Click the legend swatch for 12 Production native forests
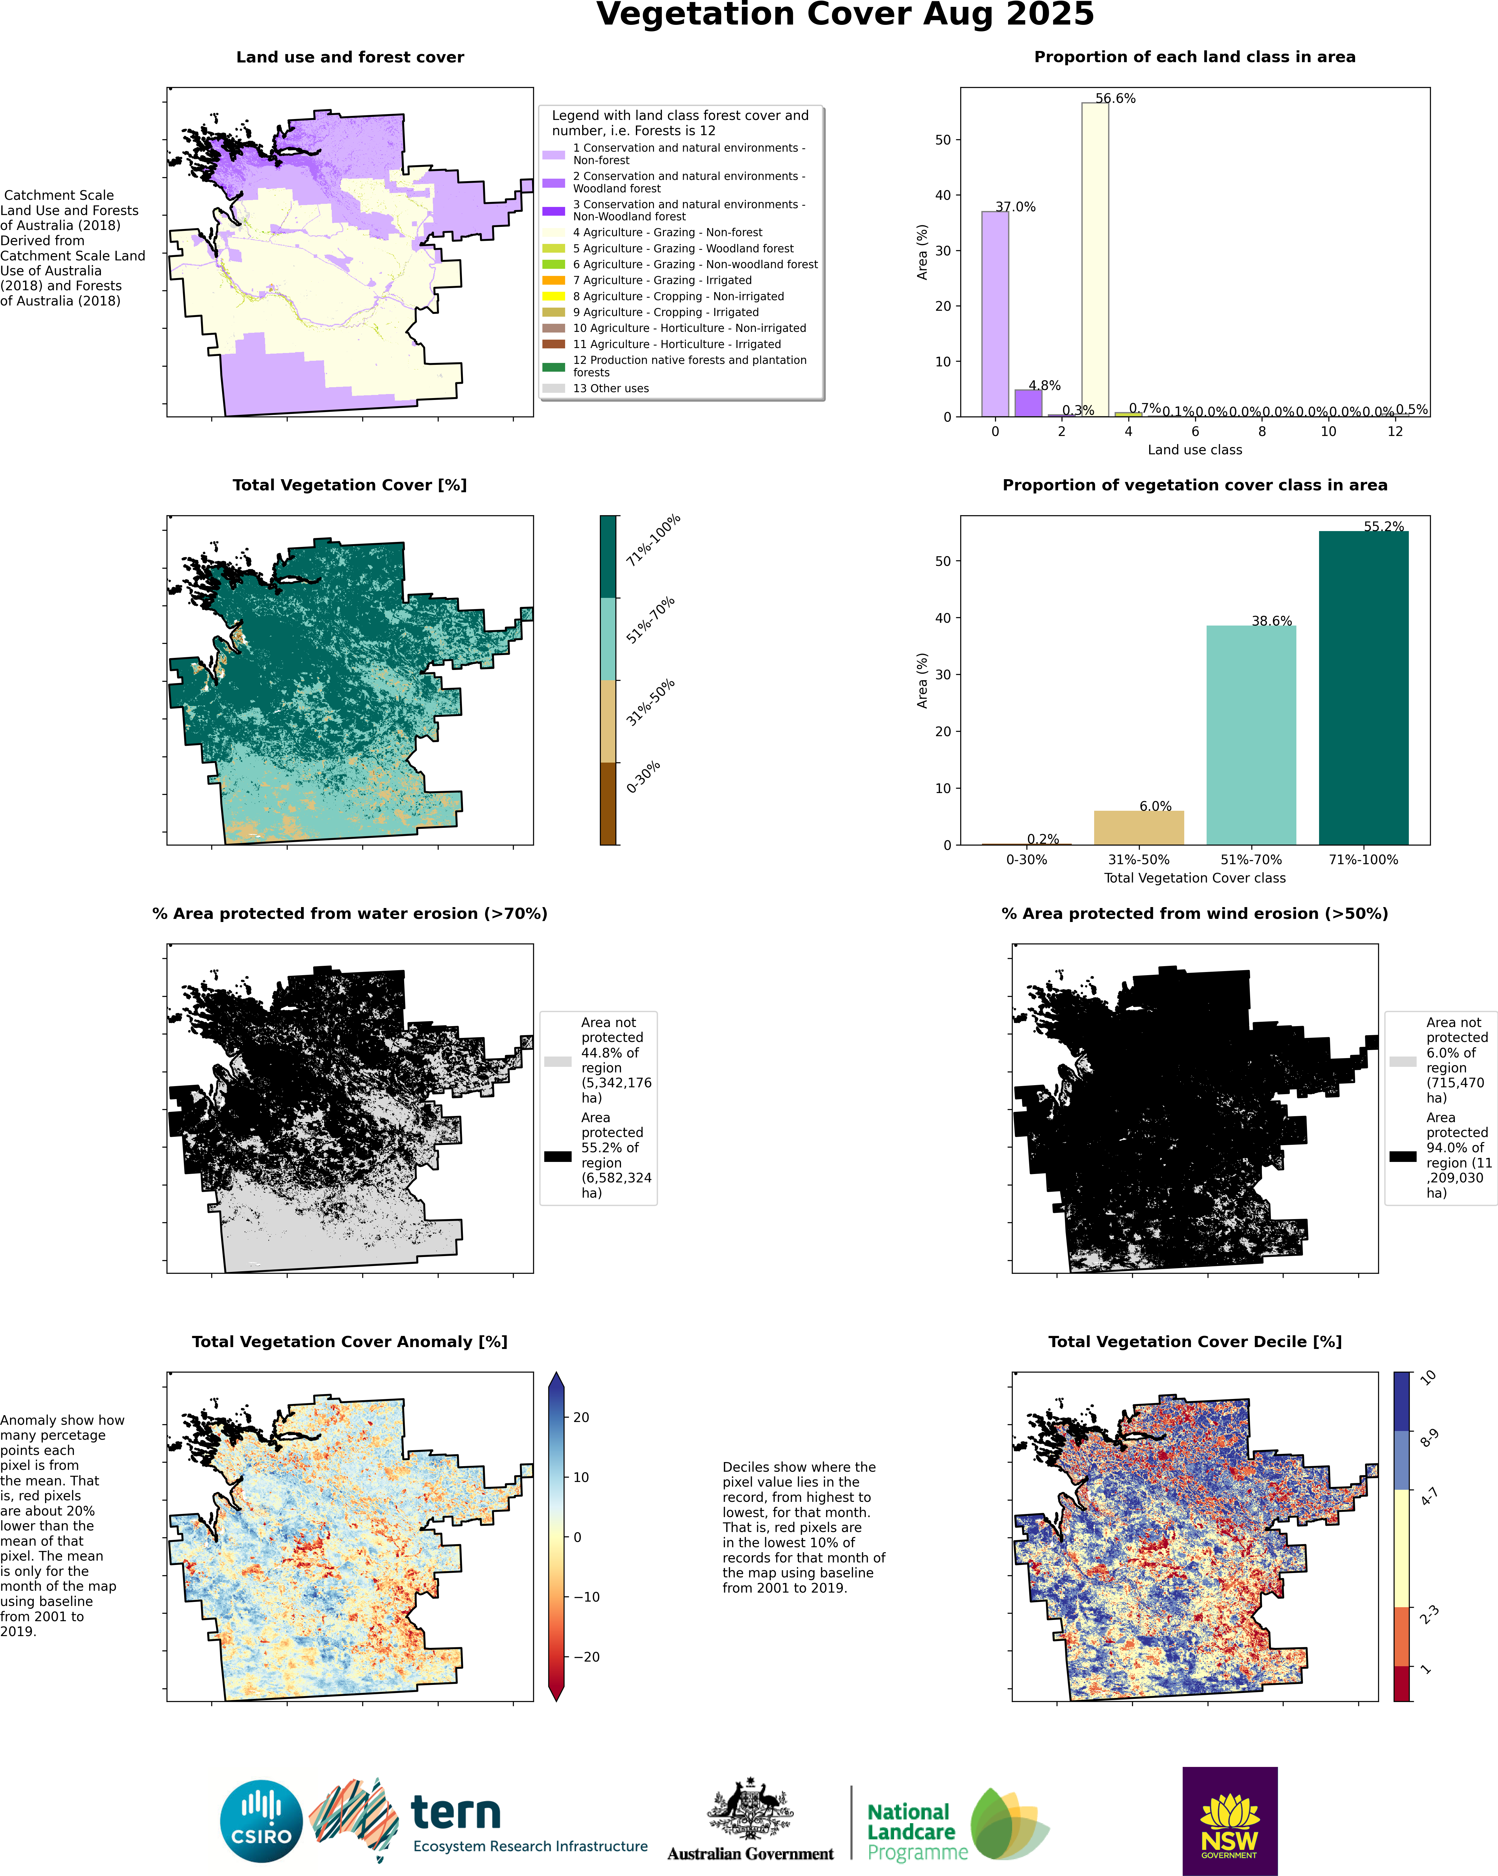[x=553, y=366]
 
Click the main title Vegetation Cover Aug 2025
[x=845, y=15]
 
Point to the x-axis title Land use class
[x=1194, y=450]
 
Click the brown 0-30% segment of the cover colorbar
[x=608, y=803]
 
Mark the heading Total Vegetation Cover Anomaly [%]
[x=350, y=1342]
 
